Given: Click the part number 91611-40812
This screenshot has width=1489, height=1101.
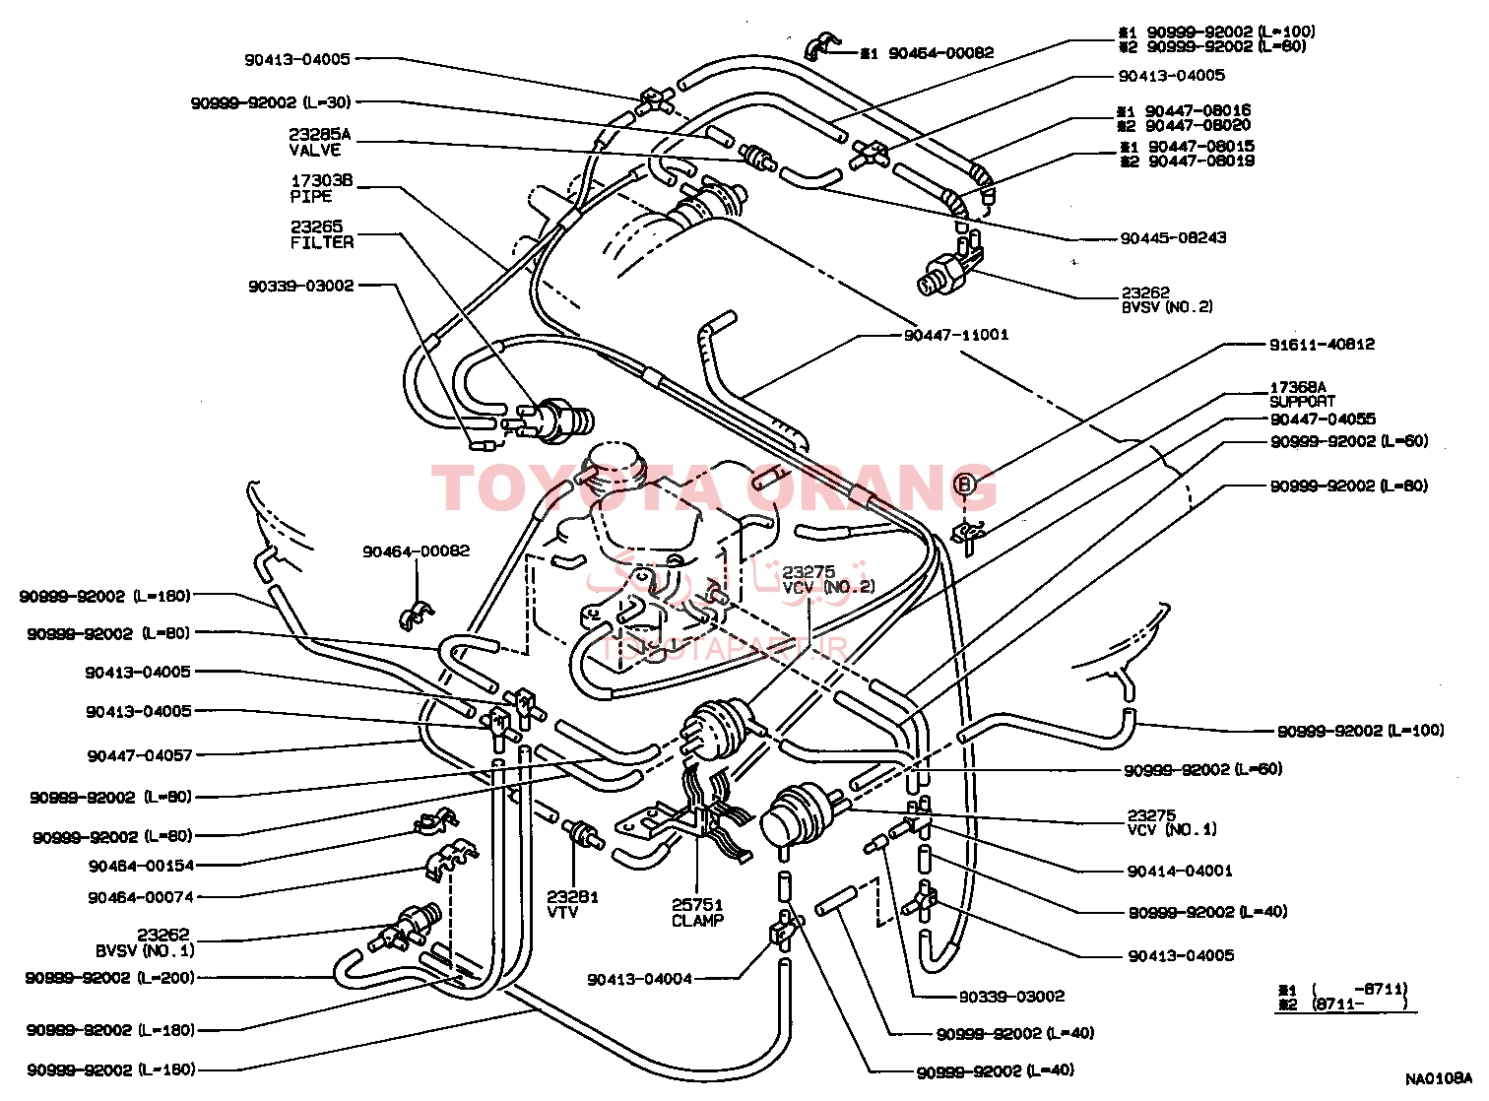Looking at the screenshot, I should [1322, 345].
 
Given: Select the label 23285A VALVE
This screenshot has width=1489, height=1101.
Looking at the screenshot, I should [319, 143].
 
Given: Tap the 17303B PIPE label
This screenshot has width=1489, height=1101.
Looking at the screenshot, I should [321, 188].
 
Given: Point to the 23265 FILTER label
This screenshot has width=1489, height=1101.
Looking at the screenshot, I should [322, 234].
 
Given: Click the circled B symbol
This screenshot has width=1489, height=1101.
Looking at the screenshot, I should [965, 484].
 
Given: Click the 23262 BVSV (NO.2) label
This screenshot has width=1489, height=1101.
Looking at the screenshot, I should [1167, 299].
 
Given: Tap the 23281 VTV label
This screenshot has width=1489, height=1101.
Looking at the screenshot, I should [572, 904].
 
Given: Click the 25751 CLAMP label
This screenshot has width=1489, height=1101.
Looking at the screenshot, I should [697, 913].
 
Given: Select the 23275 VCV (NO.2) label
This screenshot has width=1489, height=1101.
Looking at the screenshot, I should [827, 580].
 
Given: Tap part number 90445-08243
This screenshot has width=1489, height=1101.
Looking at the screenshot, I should [1173, 238].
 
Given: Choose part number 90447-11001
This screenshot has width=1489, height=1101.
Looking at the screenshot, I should [956, 335].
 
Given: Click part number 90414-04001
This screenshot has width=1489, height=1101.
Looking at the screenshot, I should [1180, 871].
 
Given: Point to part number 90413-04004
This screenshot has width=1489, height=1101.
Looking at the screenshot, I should [640, 979].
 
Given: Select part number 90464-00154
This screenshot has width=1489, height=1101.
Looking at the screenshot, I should [142, 866].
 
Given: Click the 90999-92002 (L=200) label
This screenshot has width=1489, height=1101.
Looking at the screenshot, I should [110, 978].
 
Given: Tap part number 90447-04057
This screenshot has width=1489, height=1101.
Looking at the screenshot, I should [140, 755].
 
